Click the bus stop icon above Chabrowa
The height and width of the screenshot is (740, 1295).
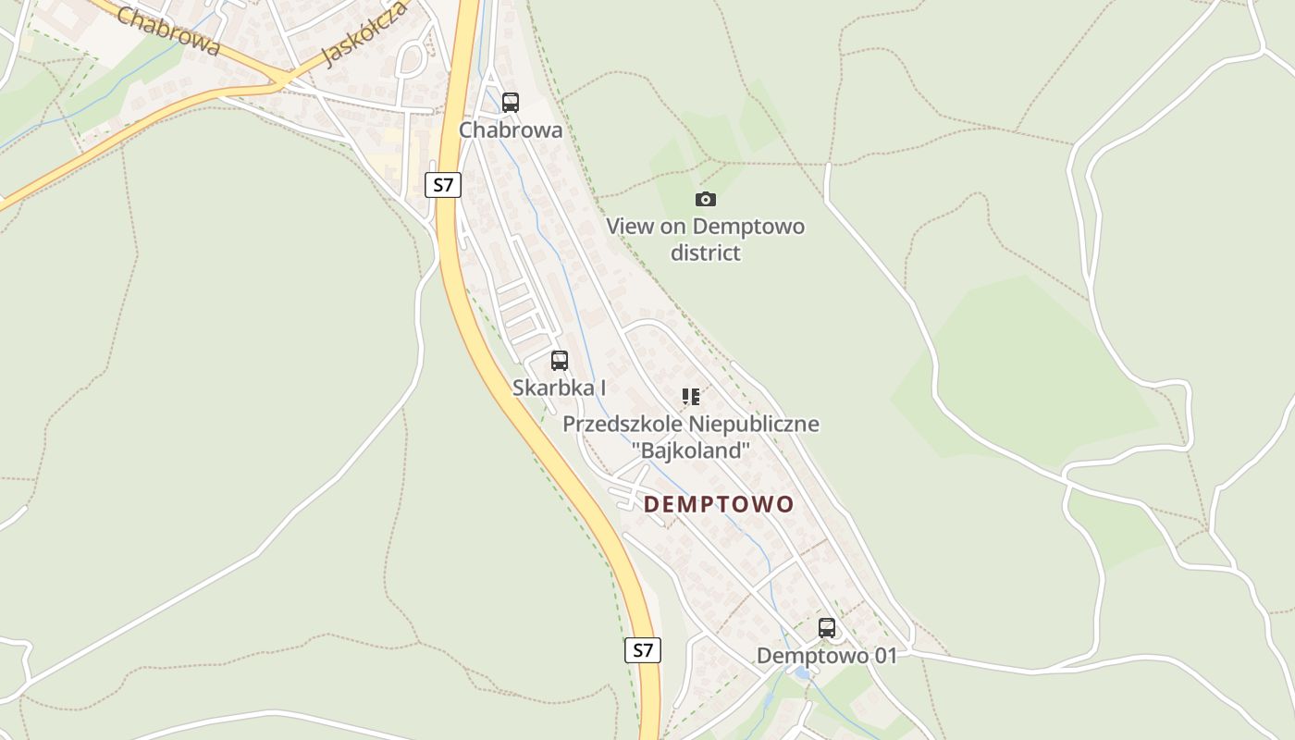click(x=511, y=103)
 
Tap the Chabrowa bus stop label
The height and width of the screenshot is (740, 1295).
click(x=511, y=130)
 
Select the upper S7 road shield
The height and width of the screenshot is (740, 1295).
click(x=444, y=184)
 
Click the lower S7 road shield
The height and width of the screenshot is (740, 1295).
click(x=643, y=650)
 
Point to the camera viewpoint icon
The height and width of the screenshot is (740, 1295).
click(x=706, y=199)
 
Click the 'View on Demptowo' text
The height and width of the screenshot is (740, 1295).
click(x=705, y=227)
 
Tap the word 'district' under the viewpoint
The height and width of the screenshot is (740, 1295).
click(x=706, y=253)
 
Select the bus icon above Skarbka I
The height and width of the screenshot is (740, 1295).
click(x=560, y=361)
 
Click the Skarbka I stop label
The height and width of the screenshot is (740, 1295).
click(x=560, y=388)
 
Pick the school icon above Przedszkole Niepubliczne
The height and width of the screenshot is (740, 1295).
click(x=691, y=397)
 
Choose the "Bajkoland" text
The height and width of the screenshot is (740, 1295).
click(x=691, y=450)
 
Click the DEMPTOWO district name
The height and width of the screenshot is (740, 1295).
click(x=719, y=504)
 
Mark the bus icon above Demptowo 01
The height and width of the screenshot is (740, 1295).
click(x=827, y=628)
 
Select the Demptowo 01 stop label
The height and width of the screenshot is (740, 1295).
click(x=827, y=656)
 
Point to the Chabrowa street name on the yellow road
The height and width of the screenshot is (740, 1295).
click(x=168, y=31)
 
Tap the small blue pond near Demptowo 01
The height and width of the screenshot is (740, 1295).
click(x=803, y=673)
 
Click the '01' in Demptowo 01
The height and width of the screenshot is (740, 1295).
click(x=884, y=656)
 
